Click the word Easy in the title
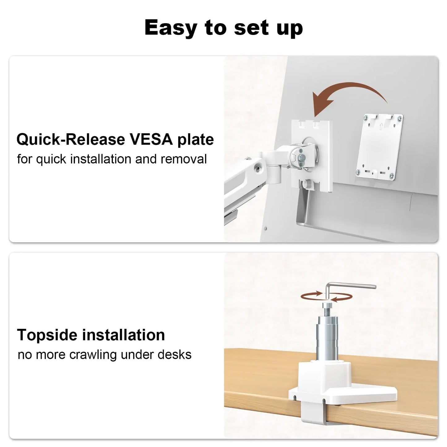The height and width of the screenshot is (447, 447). pos(171,28)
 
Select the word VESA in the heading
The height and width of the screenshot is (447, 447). pos(151,140)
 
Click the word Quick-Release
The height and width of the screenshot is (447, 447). pos(71,140)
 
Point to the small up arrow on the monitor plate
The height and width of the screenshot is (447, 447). pos(381,126)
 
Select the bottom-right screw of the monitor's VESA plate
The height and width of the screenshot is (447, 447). pos(392,175)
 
